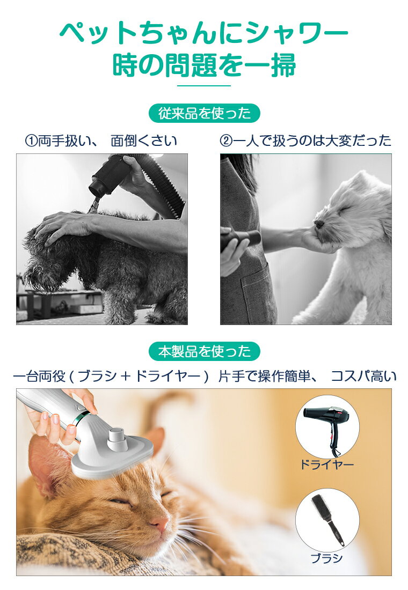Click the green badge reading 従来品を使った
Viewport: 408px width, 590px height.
click(204, 113)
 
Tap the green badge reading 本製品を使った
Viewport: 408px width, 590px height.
click(204, 351)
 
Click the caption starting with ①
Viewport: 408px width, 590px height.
click(101, 141)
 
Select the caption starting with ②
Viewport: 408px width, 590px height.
click(305, 141)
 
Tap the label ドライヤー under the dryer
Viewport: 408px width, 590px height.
click(326, 464)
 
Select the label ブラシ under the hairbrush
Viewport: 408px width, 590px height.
click(326, 558)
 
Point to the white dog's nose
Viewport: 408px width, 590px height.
click(319, 224)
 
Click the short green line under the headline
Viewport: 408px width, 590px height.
click(204, 86)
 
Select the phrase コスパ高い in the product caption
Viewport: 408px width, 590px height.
click(363, 376)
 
